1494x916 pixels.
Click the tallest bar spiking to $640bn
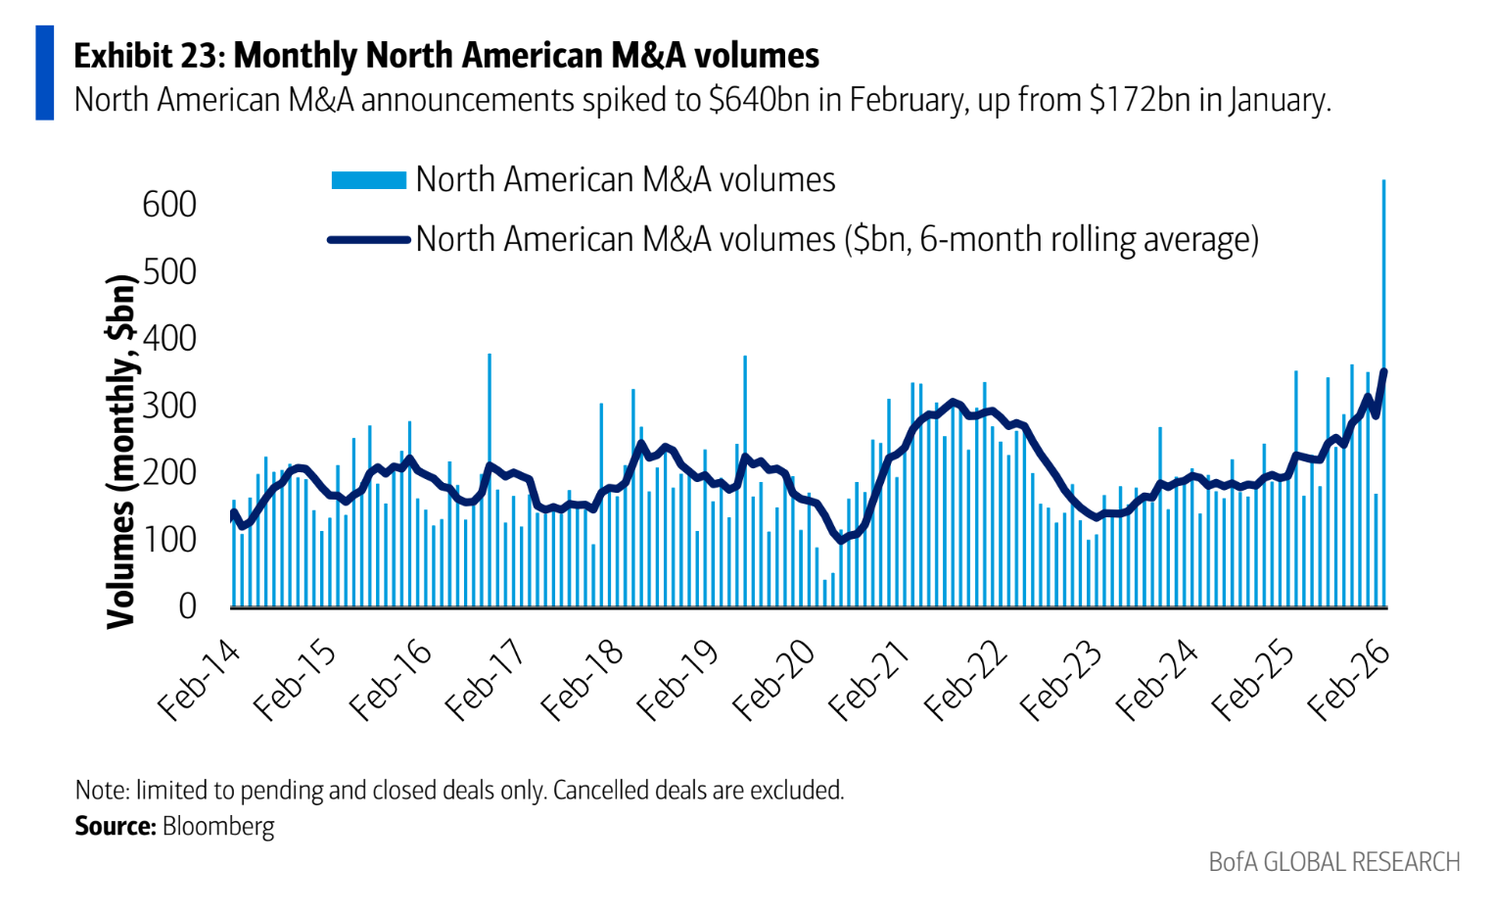(1383, 392)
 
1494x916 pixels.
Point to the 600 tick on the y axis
(169, 205)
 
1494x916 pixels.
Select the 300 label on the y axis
(169, 406)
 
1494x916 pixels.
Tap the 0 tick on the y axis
(187, 606)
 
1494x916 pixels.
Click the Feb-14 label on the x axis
(199, 682)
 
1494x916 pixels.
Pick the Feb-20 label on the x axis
(773, 682)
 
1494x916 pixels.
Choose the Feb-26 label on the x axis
(1349, 682)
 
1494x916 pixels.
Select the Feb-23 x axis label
(1061, 682)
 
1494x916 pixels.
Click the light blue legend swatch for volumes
(368, 180)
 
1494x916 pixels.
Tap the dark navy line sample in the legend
(368, 239)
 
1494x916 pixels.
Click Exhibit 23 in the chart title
(149, 56)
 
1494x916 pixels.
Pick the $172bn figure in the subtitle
(1140, 100)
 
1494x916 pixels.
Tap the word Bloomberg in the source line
(218, 826)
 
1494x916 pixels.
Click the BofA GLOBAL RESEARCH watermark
(1333, 862)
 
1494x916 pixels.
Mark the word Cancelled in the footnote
(601, 790)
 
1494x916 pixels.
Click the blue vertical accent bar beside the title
(45, 73)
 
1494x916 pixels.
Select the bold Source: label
(116, 826)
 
